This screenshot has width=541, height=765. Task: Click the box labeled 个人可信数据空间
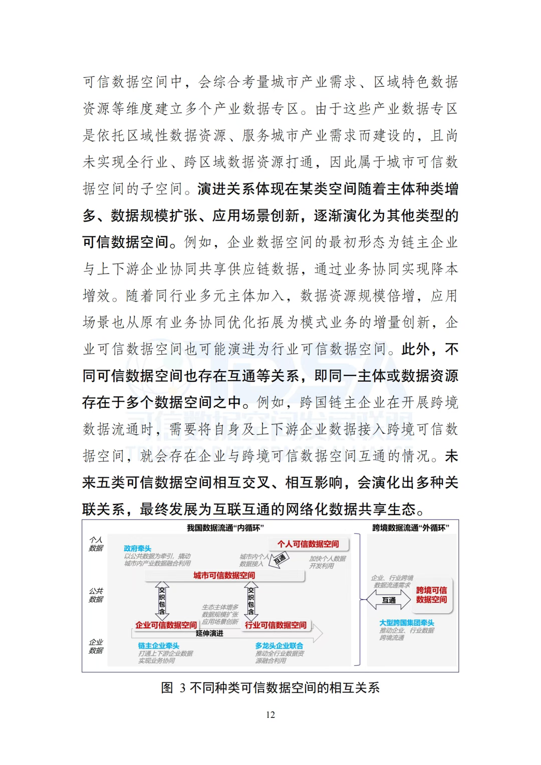(308, 544)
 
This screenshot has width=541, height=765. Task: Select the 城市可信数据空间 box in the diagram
(224, 576)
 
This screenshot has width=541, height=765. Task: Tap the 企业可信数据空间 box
(166, 625)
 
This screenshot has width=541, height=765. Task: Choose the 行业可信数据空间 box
(276, 625)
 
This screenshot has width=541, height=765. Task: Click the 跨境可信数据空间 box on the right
(431, 595)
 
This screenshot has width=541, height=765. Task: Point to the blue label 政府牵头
(137, 549)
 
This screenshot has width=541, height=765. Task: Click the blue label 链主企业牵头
(158, 646)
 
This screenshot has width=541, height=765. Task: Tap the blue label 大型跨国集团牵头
(406, 623)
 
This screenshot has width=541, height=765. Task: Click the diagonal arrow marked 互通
(280, 559)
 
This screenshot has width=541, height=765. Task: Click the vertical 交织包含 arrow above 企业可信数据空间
(161, 601)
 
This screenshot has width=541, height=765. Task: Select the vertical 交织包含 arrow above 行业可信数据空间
(250, 601)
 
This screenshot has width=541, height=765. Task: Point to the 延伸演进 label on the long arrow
(210, 634)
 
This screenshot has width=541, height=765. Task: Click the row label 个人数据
(96, 544)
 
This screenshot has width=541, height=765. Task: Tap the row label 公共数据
(96, 595)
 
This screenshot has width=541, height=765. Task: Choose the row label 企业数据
(96, 646)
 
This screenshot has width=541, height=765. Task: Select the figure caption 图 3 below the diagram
(270, 688)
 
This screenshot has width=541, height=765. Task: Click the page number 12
(270, 715)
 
